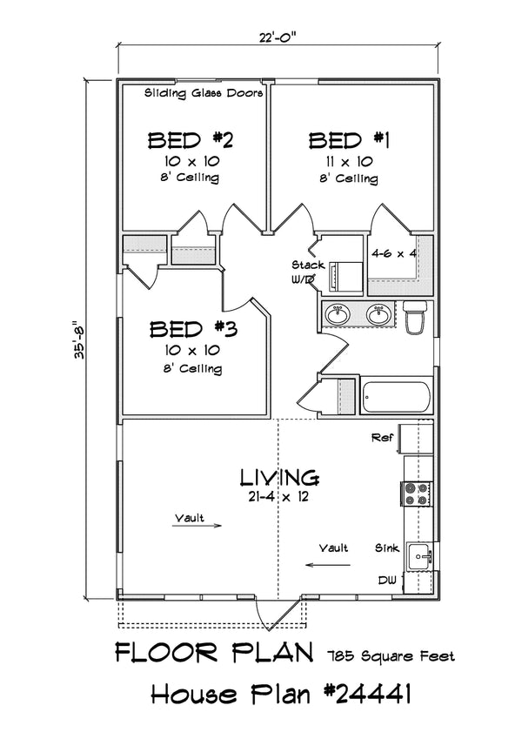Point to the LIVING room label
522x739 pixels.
coord(278,477)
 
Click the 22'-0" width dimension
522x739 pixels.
coord(278,37)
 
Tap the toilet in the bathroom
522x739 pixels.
coord(414,316)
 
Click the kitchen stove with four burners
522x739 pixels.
coord(415,494)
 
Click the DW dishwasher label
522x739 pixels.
coord(387,578)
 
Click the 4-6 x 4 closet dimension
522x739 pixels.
coord(394,254)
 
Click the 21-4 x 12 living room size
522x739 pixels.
coord(278,497)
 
